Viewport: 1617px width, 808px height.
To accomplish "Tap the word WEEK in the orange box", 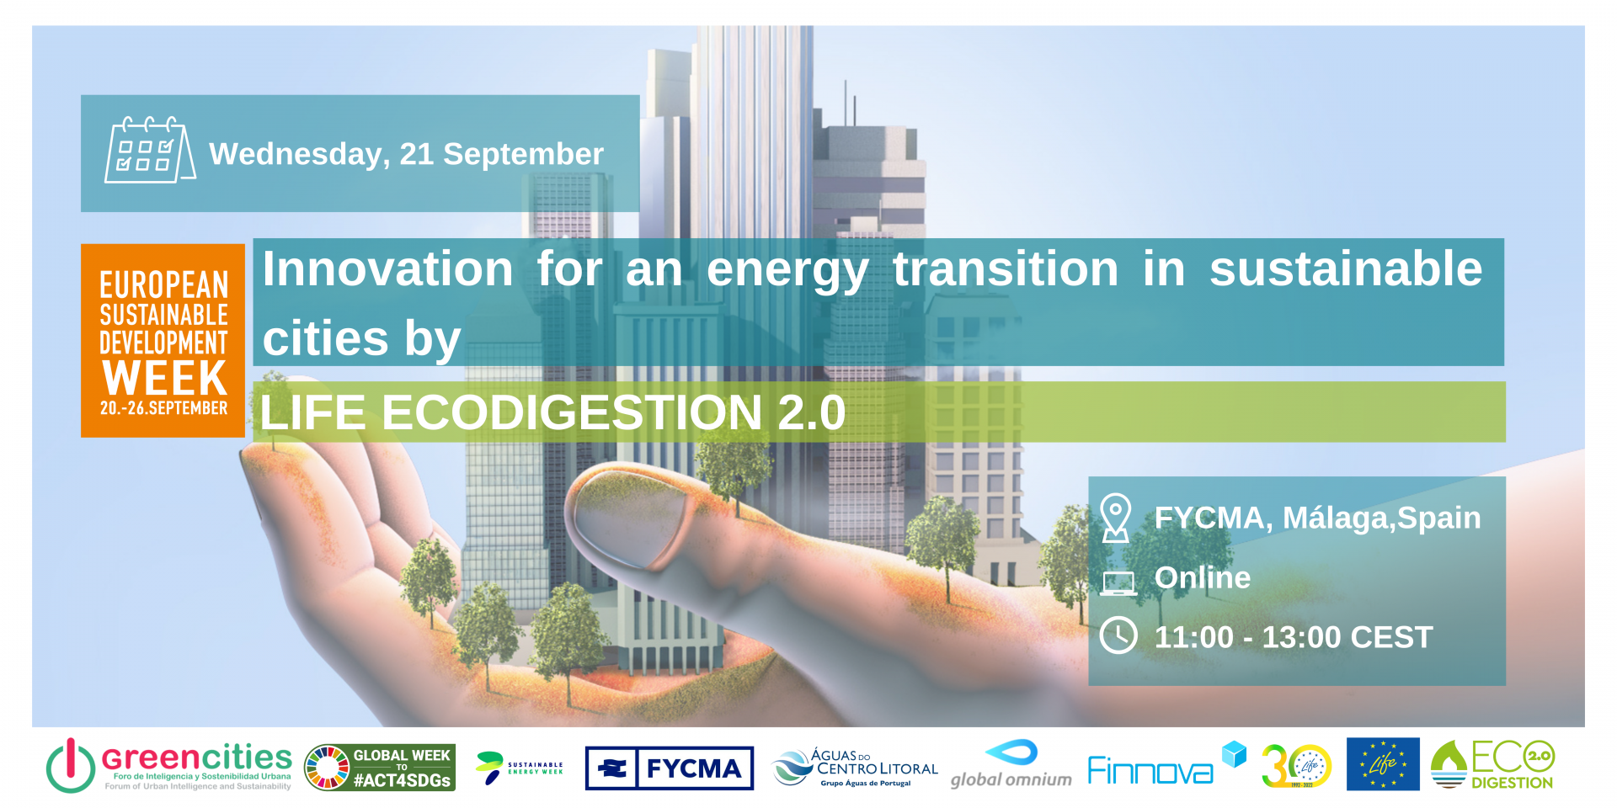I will [165, 378].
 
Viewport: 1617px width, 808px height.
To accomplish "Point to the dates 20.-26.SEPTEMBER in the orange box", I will [163, 408].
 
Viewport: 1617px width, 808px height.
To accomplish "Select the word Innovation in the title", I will [387, 269].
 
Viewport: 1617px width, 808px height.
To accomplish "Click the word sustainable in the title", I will [1345, 269].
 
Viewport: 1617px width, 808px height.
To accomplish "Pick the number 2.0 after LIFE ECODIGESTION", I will [811, 412].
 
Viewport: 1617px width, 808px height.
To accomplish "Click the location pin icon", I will [1115, 517].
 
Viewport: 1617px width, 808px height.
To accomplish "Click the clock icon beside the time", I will [1118, 635].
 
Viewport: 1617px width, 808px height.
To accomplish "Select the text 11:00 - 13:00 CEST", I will [1293, 637].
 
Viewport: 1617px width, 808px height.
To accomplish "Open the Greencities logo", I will [168, 766].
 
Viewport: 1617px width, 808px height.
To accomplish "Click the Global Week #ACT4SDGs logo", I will [380, 768].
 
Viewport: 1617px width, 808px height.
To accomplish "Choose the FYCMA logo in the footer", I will [669, 768].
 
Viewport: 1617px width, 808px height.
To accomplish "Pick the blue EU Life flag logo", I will [1382, 764].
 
